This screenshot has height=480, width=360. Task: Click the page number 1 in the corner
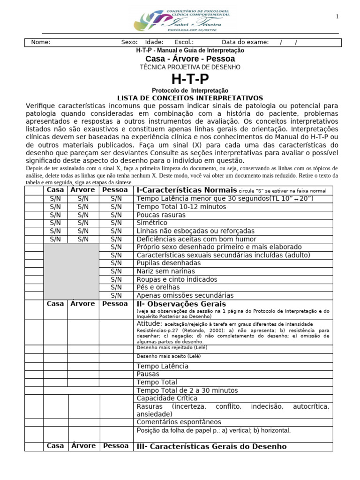coord(337,17)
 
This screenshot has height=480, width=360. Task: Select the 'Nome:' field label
coord(41,42)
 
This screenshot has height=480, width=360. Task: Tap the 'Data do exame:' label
coord(245,42)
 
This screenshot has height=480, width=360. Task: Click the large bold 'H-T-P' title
coord(190,79)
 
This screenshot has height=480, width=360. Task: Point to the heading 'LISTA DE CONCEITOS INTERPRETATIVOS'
coord(190,98)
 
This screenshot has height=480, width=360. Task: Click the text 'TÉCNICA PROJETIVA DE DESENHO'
coord(190,67)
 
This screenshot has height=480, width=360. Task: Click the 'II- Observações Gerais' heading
coord(174,304)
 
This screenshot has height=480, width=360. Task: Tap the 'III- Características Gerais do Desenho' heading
coord(211,446)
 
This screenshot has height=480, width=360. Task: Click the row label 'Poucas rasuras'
coord(161,215)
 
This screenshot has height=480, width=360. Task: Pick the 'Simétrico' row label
coord(152,223)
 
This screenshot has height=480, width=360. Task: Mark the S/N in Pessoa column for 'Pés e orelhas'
coord(116,287)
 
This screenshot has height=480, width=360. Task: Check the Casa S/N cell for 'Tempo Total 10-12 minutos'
coord(55,207)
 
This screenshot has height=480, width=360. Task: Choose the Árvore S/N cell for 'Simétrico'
coord(83,223)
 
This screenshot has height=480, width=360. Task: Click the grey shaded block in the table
coord(71,271)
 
